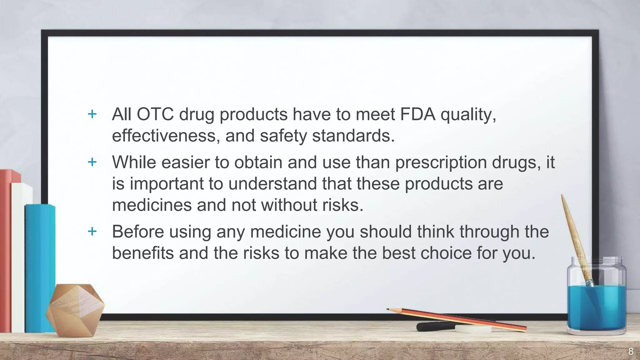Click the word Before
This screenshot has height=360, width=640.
(138, 232)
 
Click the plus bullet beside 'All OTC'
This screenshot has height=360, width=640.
(92, 114)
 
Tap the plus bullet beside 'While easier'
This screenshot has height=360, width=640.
(92, 162)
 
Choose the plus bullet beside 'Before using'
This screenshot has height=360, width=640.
(92, 232)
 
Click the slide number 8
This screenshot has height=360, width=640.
(631, 352)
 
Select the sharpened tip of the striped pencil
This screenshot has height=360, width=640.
(388, 309)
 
